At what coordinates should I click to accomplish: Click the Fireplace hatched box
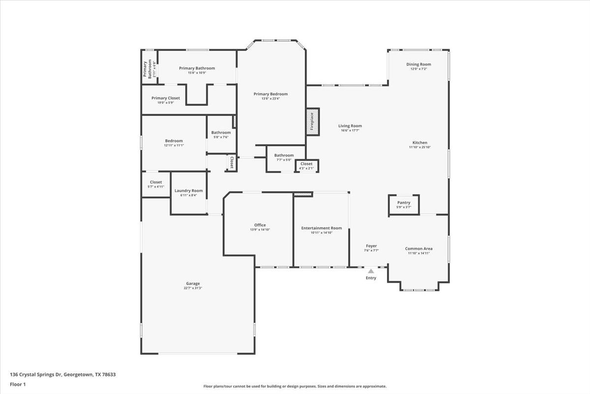[x=313, y=122]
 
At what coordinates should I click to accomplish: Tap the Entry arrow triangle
[x=371, y=271]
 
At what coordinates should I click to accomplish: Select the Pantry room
[x=404, y=205]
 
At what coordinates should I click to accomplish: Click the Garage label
[x=193, y=283]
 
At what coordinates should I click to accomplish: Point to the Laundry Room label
[x=189, y=191]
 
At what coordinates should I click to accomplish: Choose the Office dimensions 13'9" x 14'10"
[x=260, y=230]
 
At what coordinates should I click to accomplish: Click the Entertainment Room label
[x=322, y=228]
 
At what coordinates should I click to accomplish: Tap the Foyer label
[x=371, y=246]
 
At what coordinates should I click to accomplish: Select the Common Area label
[x=419, y=249]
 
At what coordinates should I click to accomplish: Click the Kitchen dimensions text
[x=420, y=147]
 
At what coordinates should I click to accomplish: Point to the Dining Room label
[x=418, y=65]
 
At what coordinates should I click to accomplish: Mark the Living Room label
[x=350, y=126]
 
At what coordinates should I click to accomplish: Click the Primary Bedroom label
[x=271, y=94]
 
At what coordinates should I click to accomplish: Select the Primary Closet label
[x=166, y=98]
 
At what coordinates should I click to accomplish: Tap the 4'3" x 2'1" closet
[x=307, y=166]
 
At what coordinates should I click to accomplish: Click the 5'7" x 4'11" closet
[x=156, y=185]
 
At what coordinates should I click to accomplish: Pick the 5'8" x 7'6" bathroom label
[x=221, y=132]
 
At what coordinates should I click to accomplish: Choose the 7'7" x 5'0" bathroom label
[x=284, y=156]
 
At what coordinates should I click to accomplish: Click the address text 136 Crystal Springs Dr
[x=35, y=374]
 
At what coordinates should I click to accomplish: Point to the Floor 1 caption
[x=18, y=384]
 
